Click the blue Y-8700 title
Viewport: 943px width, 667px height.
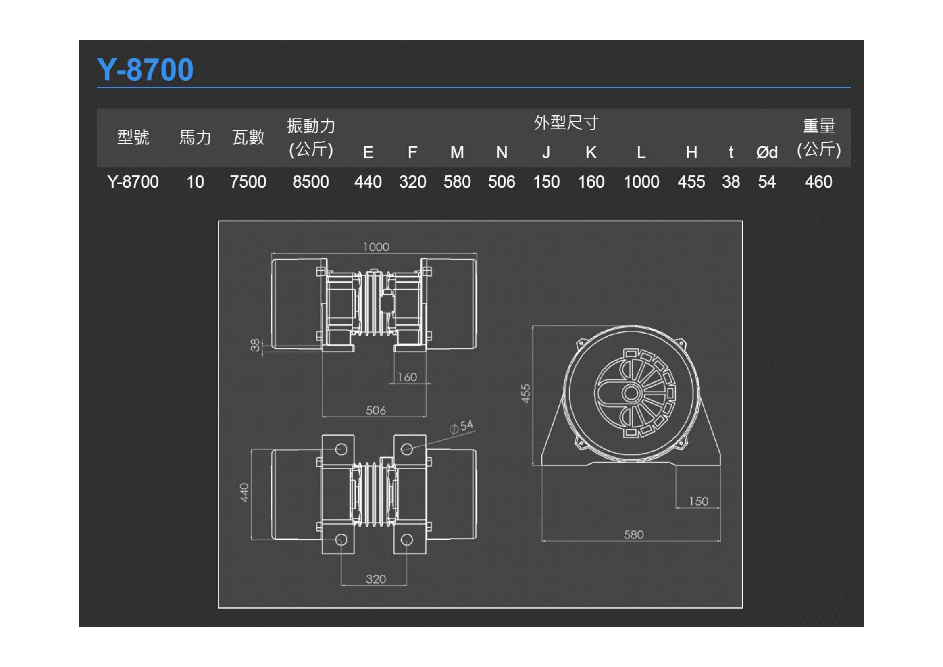coord(145,69)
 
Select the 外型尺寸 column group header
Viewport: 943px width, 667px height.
coord(566,123)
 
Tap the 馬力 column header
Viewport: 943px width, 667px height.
coord(195,137)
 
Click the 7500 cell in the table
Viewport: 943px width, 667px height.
coord(248,182)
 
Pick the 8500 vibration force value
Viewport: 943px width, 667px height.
coord(310,182)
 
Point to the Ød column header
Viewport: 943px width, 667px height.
coord(767,152)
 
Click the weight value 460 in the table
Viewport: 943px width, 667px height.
coord(818,182)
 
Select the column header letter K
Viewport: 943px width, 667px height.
coord(591,152)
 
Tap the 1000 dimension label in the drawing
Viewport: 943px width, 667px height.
coord(376,247)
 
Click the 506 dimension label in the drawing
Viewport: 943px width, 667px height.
coord(376,410)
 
